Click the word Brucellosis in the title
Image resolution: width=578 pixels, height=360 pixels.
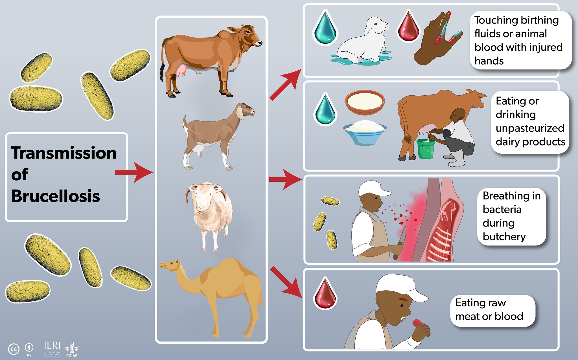tap(56, 196)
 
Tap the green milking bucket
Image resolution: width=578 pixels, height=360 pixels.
tap(426, 149)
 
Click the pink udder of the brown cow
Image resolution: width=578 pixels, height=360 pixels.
tap(181, 70)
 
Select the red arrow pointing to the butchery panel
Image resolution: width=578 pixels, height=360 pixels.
tap(285, 179)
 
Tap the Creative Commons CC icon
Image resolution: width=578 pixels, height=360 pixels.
tap(14, 349)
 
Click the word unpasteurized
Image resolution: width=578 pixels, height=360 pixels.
tap(529, 128)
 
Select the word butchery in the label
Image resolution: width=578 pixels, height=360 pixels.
tap(504, 237)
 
